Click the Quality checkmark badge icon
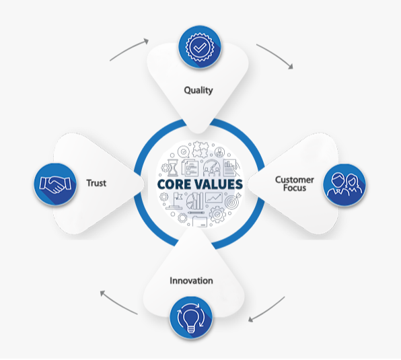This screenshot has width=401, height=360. point(200,47)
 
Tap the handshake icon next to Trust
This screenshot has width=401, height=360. point(55,184)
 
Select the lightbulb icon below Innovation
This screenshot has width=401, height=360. point(191,318)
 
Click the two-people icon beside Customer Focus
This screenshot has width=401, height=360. point(344,184)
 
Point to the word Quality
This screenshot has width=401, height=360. point(198,90)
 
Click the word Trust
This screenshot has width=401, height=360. point(96,183)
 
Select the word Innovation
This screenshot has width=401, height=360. point(191,281)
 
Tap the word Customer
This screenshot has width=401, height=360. point(294,180)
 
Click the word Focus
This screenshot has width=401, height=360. point(295,188)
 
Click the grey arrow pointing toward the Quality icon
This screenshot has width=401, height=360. point(129,49)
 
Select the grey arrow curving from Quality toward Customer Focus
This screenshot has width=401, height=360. point(276,55)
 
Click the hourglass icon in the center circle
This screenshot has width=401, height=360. point(173,168)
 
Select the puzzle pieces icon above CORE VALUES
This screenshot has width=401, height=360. point(200,149)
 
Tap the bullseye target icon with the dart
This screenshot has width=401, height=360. point(233,201)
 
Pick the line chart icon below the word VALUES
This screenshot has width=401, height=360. point(214,198)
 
